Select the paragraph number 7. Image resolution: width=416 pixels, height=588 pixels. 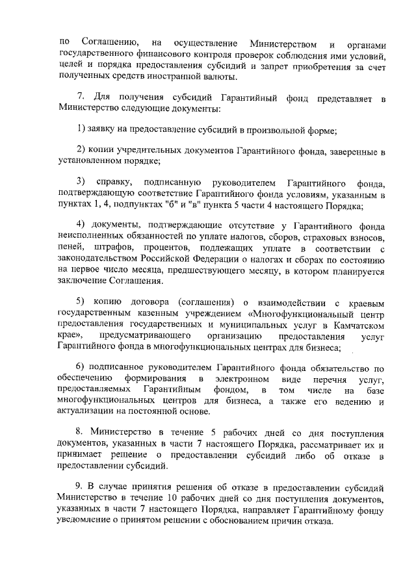[x=80, y=99]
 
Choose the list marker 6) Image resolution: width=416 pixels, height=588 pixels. [x=81, y=367]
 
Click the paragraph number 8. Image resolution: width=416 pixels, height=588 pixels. [x=80, y=432]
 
